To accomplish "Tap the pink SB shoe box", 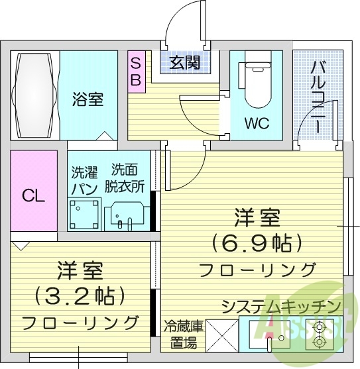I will [135, 70].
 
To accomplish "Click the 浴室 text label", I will [88, 100].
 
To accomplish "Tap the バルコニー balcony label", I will [318, 96].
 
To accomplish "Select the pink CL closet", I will [34, 195].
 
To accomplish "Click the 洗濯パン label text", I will [84, 180].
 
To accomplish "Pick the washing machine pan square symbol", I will [84, 213].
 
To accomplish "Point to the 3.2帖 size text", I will [80, 295].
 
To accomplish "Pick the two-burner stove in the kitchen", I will [322, 335].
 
